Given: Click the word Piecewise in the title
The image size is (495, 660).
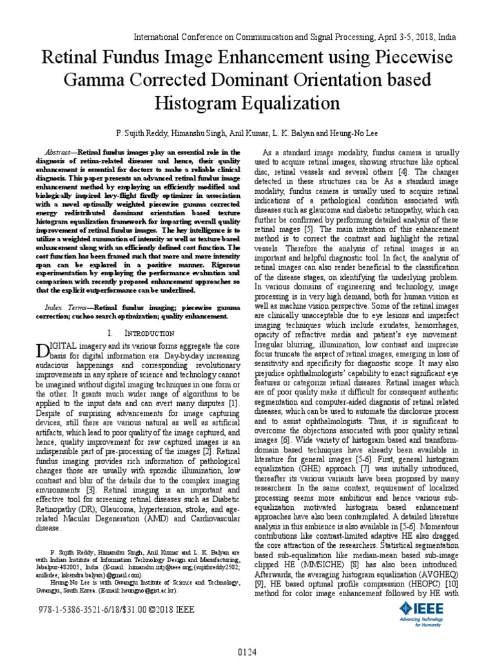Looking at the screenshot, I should coord(412,59).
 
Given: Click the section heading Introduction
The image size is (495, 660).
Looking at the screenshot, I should coord(149,333).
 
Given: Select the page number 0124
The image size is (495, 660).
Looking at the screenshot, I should coord(247,652).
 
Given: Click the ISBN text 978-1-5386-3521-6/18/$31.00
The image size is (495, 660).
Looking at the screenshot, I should coord(95,608).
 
